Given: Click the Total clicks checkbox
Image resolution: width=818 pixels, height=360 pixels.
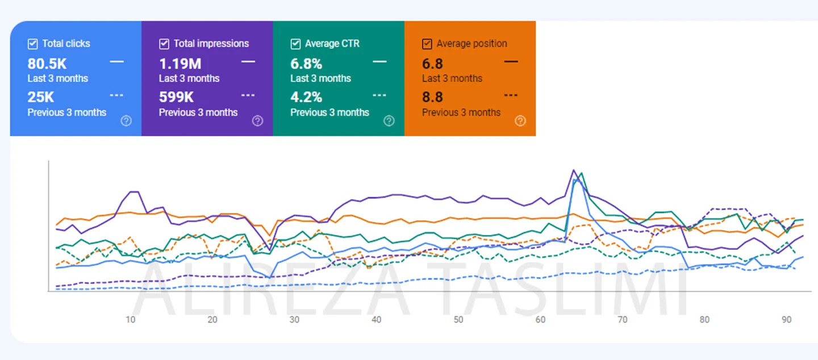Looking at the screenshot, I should tap(33, 44).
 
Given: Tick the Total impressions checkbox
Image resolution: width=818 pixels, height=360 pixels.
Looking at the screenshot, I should tap(164, 44).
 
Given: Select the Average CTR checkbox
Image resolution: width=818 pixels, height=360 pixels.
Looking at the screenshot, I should tap(295, 44).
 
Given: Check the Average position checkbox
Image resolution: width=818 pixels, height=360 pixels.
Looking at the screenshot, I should tap(427, 44).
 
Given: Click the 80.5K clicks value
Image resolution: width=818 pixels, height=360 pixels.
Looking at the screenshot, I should tap(47, 64).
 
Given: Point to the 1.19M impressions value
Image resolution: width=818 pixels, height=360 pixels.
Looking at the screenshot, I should tap(180, 64).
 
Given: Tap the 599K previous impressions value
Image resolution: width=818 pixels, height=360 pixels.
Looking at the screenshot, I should tap(176, 97).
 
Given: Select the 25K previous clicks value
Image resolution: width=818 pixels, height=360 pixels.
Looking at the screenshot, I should tap(41, 97).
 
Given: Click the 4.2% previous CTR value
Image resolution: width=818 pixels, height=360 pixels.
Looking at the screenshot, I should tap(306, 97).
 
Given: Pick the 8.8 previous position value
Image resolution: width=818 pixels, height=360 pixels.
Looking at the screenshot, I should tap(432, 97).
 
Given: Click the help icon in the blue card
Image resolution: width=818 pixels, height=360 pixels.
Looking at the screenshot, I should tap(126, 120).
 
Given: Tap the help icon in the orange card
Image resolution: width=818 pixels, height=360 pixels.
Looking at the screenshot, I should tap(520, 120).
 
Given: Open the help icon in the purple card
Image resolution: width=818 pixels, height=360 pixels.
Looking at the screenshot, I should tap(257, 120).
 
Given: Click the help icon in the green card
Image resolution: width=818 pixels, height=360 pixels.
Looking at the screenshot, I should tap(389, 120).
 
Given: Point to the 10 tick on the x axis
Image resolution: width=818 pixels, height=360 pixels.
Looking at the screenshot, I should tap(131, 320).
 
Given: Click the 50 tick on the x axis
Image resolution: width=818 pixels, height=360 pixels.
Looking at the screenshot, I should tap(458, 320).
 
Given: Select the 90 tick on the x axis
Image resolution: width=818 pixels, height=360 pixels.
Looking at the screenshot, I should tap(787, 320).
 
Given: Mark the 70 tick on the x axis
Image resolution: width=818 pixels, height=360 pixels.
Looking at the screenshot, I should tap(623, 320).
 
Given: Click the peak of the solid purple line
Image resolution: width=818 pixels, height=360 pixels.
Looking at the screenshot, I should tap(574, 170).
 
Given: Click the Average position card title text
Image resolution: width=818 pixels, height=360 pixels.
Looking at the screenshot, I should tap(471, 44).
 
